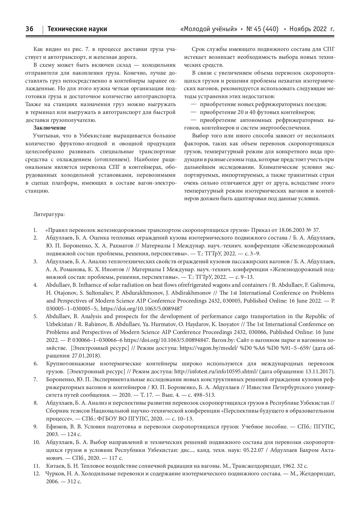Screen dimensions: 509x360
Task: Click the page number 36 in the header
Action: point(29,29)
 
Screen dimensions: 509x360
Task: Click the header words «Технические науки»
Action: point(77,29)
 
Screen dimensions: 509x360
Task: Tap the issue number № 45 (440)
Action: point(262,29)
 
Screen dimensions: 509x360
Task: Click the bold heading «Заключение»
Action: point(50,128)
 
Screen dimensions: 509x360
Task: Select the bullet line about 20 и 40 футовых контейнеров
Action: point(257,112)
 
